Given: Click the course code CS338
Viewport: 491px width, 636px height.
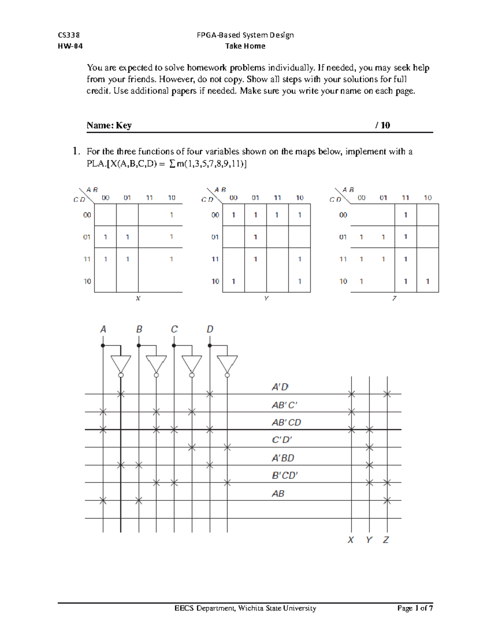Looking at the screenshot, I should [69, 35].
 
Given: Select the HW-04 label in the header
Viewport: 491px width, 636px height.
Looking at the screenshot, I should [70, 46].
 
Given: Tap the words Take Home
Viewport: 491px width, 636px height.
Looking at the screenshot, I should [245, 46].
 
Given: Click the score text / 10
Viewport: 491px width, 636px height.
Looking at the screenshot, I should [383, 125].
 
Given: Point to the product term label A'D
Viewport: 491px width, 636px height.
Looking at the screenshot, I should [280, 387].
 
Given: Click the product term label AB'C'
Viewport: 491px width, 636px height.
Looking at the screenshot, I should [284, 405].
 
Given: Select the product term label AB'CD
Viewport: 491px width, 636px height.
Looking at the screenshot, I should [286, 423].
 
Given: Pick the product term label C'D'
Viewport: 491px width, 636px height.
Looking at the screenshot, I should [282, 440].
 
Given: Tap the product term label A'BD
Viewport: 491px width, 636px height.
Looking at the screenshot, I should [283, 458].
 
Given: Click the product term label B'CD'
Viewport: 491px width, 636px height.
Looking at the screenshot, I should [285, 475].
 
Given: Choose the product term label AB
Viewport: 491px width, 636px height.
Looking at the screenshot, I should [278, 493].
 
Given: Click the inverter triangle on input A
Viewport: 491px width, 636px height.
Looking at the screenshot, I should [121, 364].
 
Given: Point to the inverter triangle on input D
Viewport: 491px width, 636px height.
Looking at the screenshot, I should [227, 364].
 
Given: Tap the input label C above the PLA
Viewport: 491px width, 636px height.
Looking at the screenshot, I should [174, 329].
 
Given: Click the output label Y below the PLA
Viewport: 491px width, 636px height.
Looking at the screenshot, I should [369, 540].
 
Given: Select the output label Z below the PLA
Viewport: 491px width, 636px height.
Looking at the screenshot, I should [386, 540].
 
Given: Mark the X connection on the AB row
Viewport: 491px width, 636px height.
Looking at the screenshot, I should [387, 500].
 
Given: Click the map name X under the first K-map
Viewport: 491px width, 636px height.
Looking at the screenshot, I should [138, 299].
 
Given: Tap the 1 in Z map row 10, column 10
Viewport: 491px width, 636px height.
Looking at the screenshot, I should [428, 281].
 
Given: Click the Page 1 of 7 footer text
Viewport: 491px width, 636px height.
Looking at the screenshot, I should [414, 608].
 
